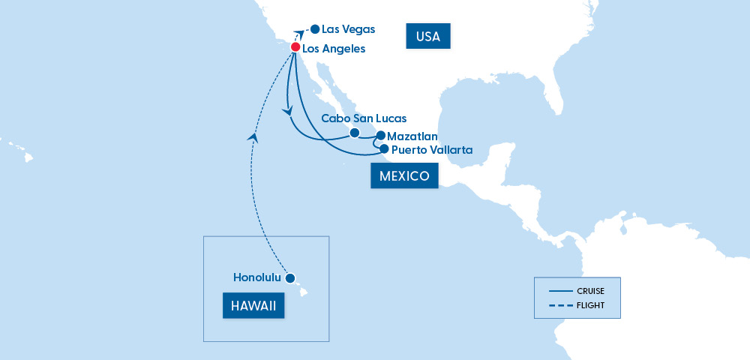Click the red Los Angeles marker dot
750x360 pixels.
click(x=295, y=47)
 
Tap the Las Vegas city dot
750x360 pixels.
click(x=314, y=29)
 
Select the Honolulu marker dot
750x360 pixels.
click(x=290, y=277)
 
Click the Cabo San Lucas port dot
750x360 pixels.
click(x=354, y=133)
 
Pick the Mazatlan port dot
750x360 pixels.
click(x=380, y=136)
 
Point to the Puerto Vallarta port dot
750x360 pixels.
click(x=384, y=149)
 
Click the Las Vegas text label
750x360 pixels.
click(x=348, y=29)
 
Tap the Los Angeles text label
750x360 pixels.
click(x=334, y=49)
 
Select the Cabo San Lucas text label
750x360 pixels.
click(x=364, y=118)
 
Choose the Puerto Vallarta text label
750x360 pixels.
click(x=432, y=150)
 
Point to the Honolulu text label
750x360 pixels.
click(x=257, y=277)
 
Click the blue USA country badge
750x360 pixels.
click(x=427, y=36)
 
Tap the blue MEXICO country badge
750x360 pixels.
click(x=403, y=176)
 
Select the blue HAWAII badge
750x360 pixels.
click(x=253, y=305)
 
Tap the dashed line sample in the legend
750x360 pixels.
click(x=560, y=305)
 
